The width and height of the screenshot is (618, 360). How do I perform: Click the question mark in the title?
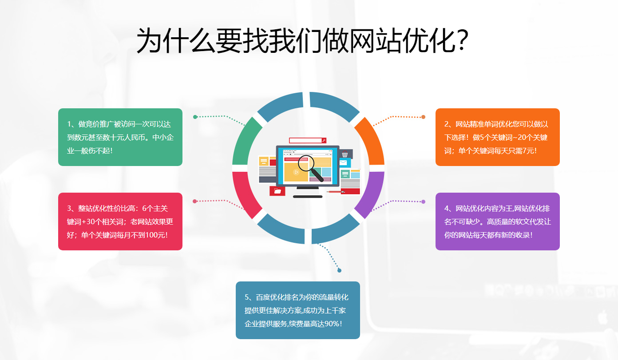461,41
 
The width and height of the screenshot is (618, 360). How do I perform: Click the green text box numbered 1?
120,137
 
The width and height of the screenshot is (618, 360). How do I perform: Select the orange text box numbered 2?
497,137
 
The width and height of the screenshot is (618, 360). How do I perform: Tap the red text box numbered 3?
120,222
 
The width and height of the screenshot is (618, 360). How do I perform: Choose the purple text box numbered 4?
497,222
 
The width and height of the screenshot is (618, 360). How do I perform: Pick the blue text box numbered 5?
297,310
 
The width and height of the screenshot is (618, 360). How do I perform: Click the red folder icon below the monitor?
277,191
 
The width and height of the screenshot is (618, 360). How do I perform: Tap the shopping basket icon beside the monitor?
345,154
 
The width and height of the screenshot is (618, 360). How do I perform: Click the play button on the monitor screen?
296,172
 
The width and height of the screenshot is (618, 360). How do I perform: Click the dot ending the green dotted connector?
195,117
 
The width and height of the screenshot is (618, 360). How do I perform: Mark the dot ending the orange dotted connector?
423,117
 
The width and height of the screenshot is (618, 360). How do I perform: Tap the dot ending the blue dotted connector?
340,270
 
